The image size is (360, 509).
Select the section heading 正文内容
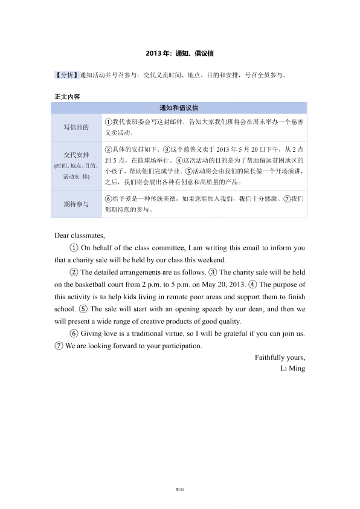[x=66, y=97]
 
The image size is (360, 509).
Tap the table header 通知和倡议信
[x=179, y=108]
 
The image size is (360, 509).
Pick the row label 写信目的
[x=76, y=128]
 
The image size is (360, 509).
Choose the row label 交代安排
[x=76, y=155]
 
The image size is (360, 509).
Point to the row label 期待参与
[x=76, y=204]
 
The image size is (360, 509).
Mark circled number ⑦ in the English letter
[x=59, y=346]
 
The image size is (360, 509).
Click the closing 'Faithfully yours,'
[x=280, y=357]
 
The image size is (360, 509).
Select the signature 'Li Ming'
[x=293, y=368]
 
